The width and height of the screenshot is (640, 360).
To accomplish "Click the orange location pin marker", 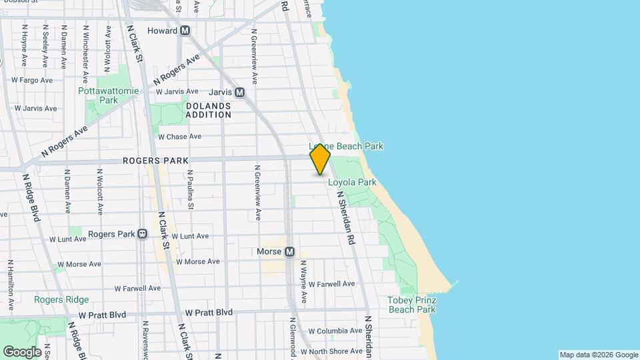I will [x=321, y=159].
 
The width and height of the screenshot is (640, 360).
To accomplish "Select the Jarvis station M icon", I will [x=239, y=93].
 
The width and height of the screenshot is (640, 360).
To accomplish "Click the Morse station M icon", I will [x=289, y=252].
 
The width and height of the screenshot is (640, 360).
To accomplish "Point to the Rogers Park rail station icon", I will [x=142, y=234].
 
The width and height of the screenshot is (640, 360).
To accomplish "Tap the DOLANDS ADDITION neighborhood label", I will [x=208, y=110].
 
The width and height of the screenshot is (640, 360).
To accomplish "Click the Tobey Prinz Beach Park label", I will [x=411, y=305].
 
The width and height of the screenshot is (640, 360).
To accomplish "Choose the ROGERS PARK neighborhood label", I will [x=155, y=161].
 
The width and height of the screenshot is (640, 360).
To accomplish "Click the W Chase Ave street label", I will [x=179, y=137].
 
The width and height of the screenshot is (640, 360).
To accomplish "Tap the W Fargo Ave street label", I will [x=32, y=80].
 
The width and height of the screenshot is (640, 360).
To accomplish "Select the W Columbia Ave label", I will [x=335, y=331].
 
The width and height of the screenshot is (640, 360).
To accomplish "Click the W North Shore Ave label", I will [x=331, y=351].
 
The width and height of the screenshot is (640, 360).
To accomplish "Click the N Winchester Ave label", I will [x=85, y=48].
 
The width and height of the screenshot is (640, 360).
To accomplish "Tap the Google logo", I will [x=22, y=351].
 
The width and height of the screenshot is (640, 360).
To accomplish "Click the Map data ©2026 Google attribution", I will [x=598, y=355].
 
